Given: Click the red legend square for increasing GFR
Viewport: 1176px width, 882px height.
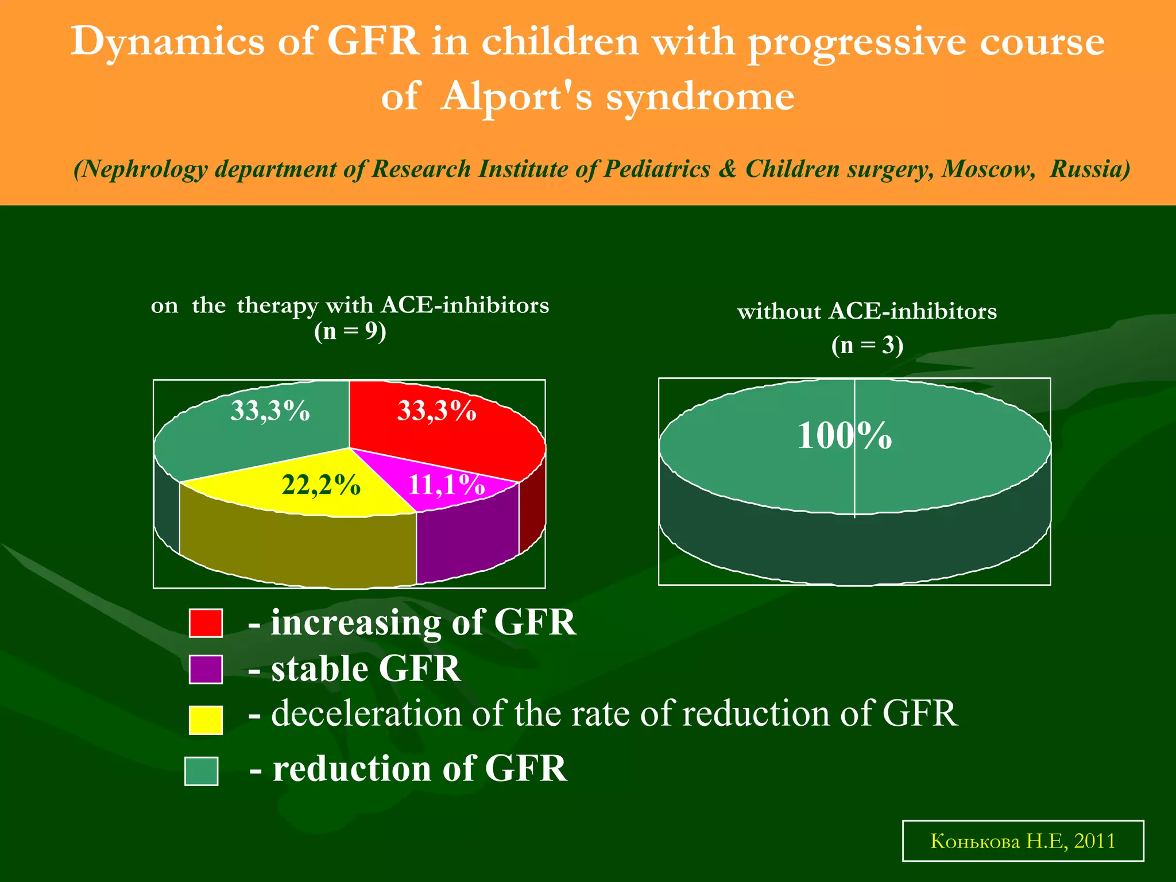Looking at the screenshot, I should [206, 623].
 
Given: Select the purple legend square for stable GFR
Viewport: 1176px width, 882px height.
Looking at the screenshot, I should [206, 670].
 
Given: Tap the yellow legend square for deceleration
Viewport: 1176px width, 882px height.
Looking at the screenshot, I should [206, 719].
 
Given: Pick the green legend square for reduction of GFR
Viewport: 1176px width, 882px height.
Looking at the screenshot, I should [202, 771].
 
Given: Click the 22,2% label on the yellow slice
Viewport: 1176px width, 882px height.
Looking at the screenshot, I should [321, 485].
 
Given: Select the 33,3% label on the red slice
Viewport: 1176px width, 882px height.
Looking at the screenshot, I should [436, 411].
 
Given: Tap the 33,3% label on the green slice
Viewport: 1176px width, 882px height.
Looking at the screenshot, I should [270, 411].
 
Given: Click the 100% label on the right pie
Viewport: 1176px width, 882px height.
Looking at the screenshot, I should [844, 436].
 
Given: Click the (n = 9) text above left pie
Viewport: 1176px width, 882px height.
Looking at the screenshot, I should [350, 331].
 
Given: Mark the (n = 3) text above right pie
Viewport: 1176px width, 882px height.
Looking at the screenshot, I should [867, 345].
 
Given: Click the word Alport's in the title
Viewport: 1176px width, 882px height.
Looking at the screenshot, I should [517, 96].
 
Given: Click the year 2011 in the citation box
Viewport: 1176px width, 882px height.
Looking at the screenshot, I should [1094, 841].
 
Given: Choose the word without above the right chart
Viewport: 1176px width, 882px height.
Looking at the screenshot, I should [779, 312].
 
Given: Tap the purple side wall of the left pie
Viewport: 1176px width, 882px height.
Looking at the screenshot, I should [466, 537].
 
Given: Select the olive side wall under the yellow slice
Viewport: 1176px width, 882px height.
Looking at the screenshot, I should [299, 548].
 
